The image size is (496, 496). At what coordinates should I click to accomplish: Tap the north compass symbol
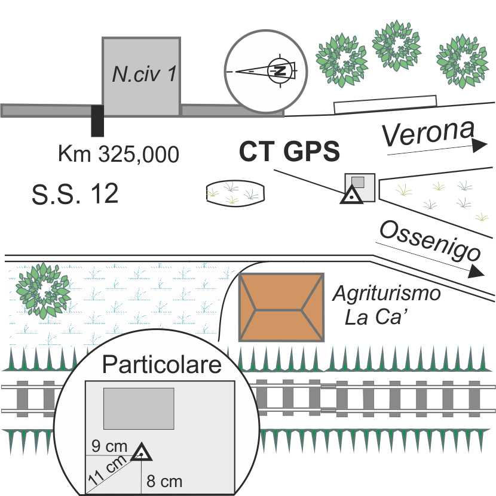point(278,70)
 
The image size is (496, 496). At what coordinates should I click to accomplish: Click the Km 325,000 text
point(118,154)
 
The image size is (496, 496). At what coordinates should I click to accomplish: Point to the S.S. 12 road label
point(75,194)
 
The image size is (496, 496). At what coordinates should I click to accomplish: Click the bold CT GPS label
point(289,153)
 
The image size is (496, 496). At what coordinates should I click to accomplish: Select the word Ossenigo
point(429,241)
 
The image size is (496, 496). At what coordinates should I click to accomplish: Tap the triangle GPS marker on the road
point(351,195)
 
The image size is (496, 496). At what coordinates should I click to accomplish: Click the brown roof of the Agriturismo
point(281,307)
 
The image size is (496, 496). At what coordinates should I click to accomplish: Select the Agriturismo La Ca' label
point(387,304)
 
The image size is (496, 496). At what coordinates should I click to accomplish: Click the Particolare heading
point(163,365)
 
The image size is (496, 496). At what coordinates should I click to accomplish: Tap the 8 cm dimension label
point(164,481)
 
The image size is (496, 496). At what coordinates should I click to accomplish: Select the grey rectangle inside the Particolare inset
point(139,408)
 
